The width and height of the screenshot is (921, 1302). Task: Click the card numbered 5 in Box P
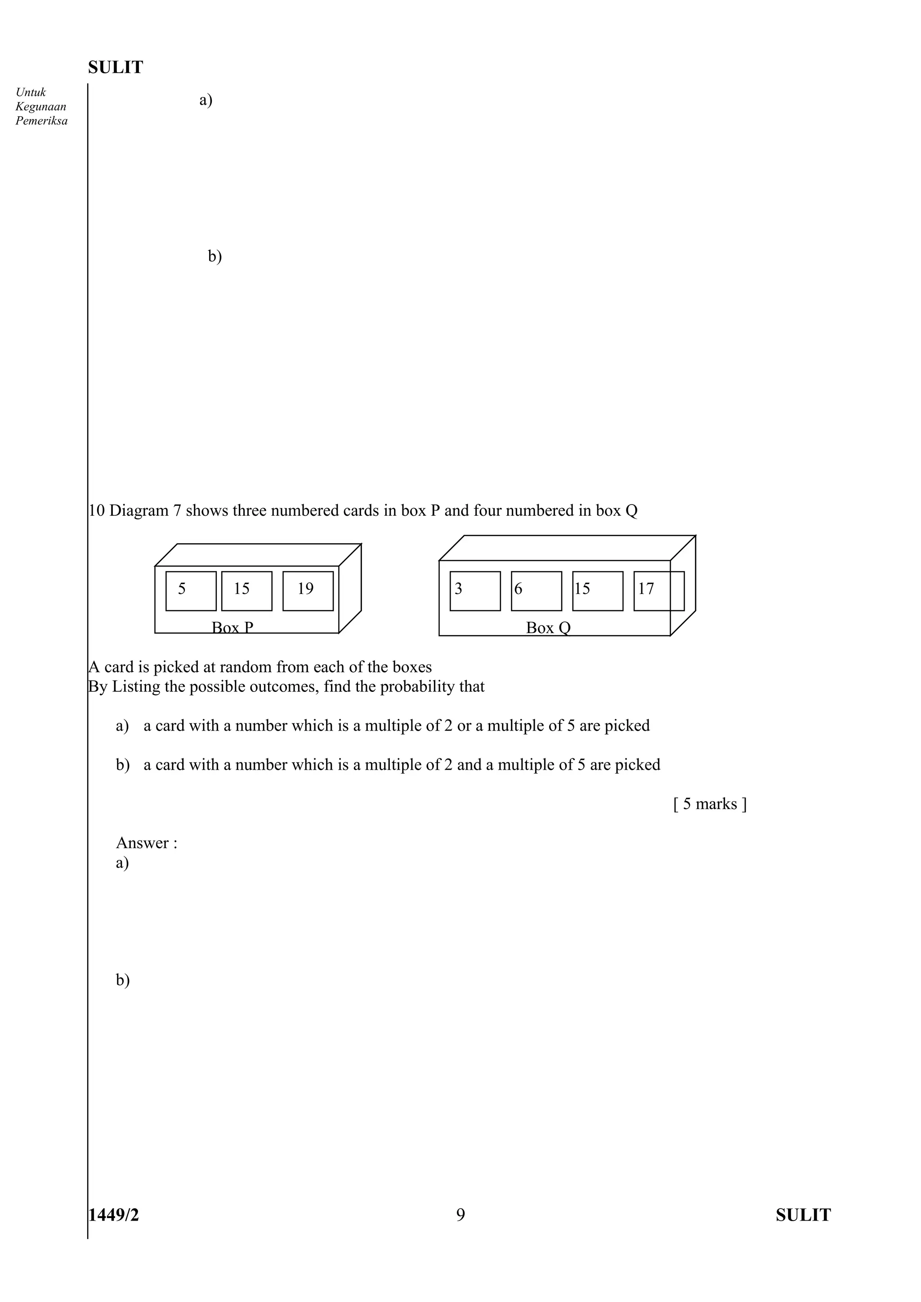[x=191, y=590]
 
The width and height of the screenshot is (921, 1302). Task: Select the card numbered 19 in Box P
[x=308, y=590]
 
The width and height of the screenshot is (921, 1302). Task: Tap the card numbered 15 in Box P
[x=246, y=590]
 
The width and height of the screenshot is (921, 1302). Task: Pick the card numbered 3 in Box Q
[x=475, y=590]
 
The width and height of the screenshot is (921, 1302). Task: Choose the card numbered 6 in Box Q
[x=536, y=590]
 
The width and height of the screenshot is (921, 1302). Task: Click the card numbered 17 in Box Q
[x=658, y=590]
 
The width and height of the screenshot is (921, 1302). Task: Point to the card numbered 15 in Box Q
[x=598, y=590]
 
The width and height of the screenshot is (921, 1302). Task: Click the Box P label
[x=232, y=627]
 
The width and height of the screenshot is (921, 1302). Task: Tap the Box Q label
[x=548, y=627]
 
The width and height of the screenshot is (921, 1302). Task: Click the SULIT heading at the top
[x=116, y=67]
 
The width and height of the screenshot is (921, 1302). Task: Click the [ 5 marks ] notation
[x=710, y=804]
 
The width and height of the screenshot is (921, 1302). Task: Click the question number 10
[x=97, y=510]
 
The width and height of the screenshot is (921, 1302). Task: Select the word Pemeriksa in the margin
[x=41, y=121]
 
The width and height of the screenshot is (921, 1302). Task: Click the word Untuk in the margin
[x=31, y=92]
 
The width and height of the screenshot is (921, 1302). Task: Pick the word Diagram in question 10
[x=139, y=510]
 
